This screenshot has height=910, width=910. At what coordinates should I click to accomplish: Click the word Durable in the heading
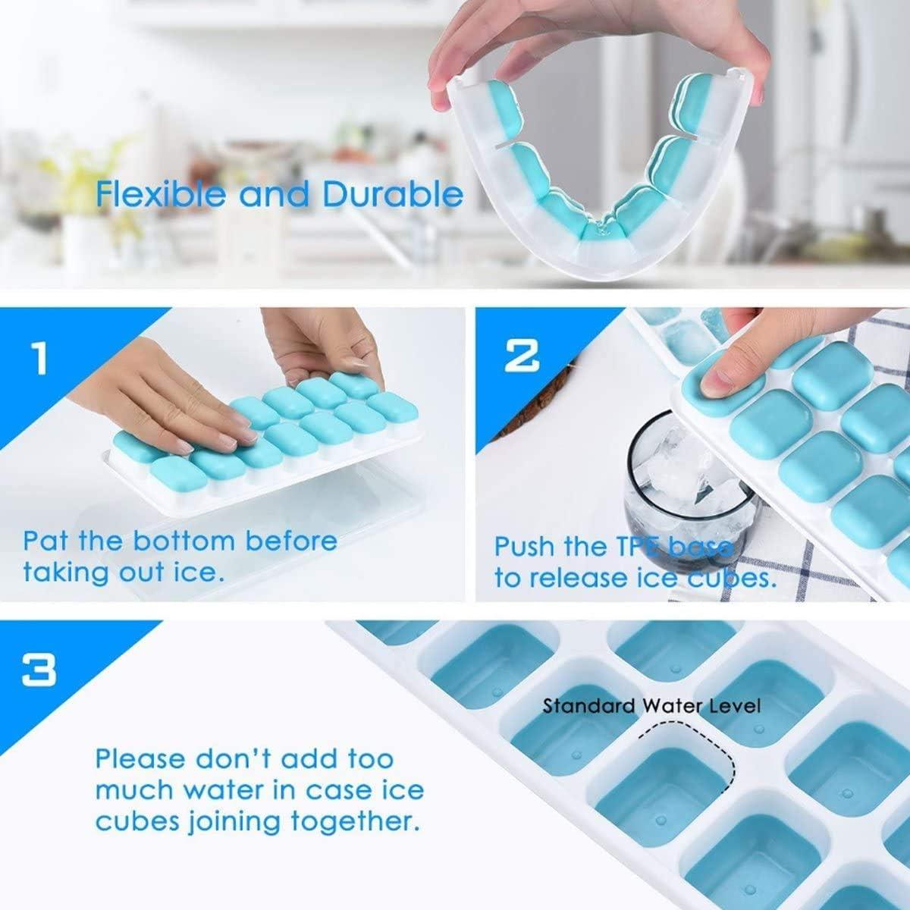(393, 195)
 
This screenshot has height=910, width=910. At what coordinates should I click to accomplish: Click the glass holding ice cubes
(682, 470)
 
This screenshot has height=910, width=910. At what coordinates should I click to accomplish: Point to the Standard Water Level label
(651, 707)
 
